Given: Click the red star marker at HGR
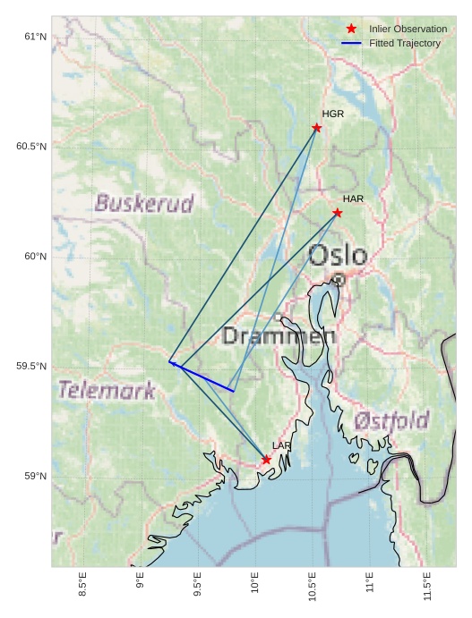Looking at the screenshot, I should [x=317, y=128].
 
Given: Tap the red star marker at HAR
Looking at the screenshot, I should [x=338, y=213].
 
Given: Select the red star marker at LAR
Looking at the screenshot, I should [x=267, y=460].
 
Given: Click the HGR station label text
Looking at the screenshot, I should [x=333, y=114].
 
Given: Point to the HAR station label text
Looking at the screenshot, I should [x=353, y=199].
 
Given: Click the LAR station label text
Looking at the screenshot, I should [x=282, y=445].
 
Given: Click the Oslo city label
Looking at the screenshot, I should [x=338, y=256].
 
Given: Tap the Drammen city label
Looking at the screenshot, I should [x=279, y=337].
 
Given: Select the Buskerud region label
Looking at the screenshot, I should [x=144, y=204].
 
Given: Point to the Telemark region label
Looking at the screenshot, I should [x=107, y=390].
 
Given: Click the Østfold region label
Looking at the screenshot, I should [x=391, y=420].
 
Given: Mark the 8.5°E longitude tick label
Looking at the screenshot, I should [x=82, y=586].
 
